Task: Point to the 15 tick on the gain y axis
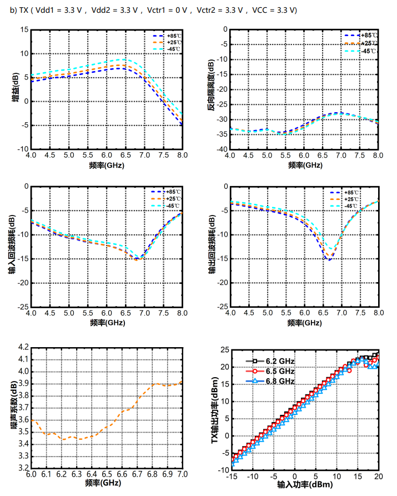pos(24,29)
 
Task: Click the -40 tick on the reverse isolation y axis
pos(221,149)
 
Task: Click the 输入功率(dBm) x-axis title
pos(303,485)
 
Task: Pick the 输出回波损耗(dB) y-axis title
pos(212,246)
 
